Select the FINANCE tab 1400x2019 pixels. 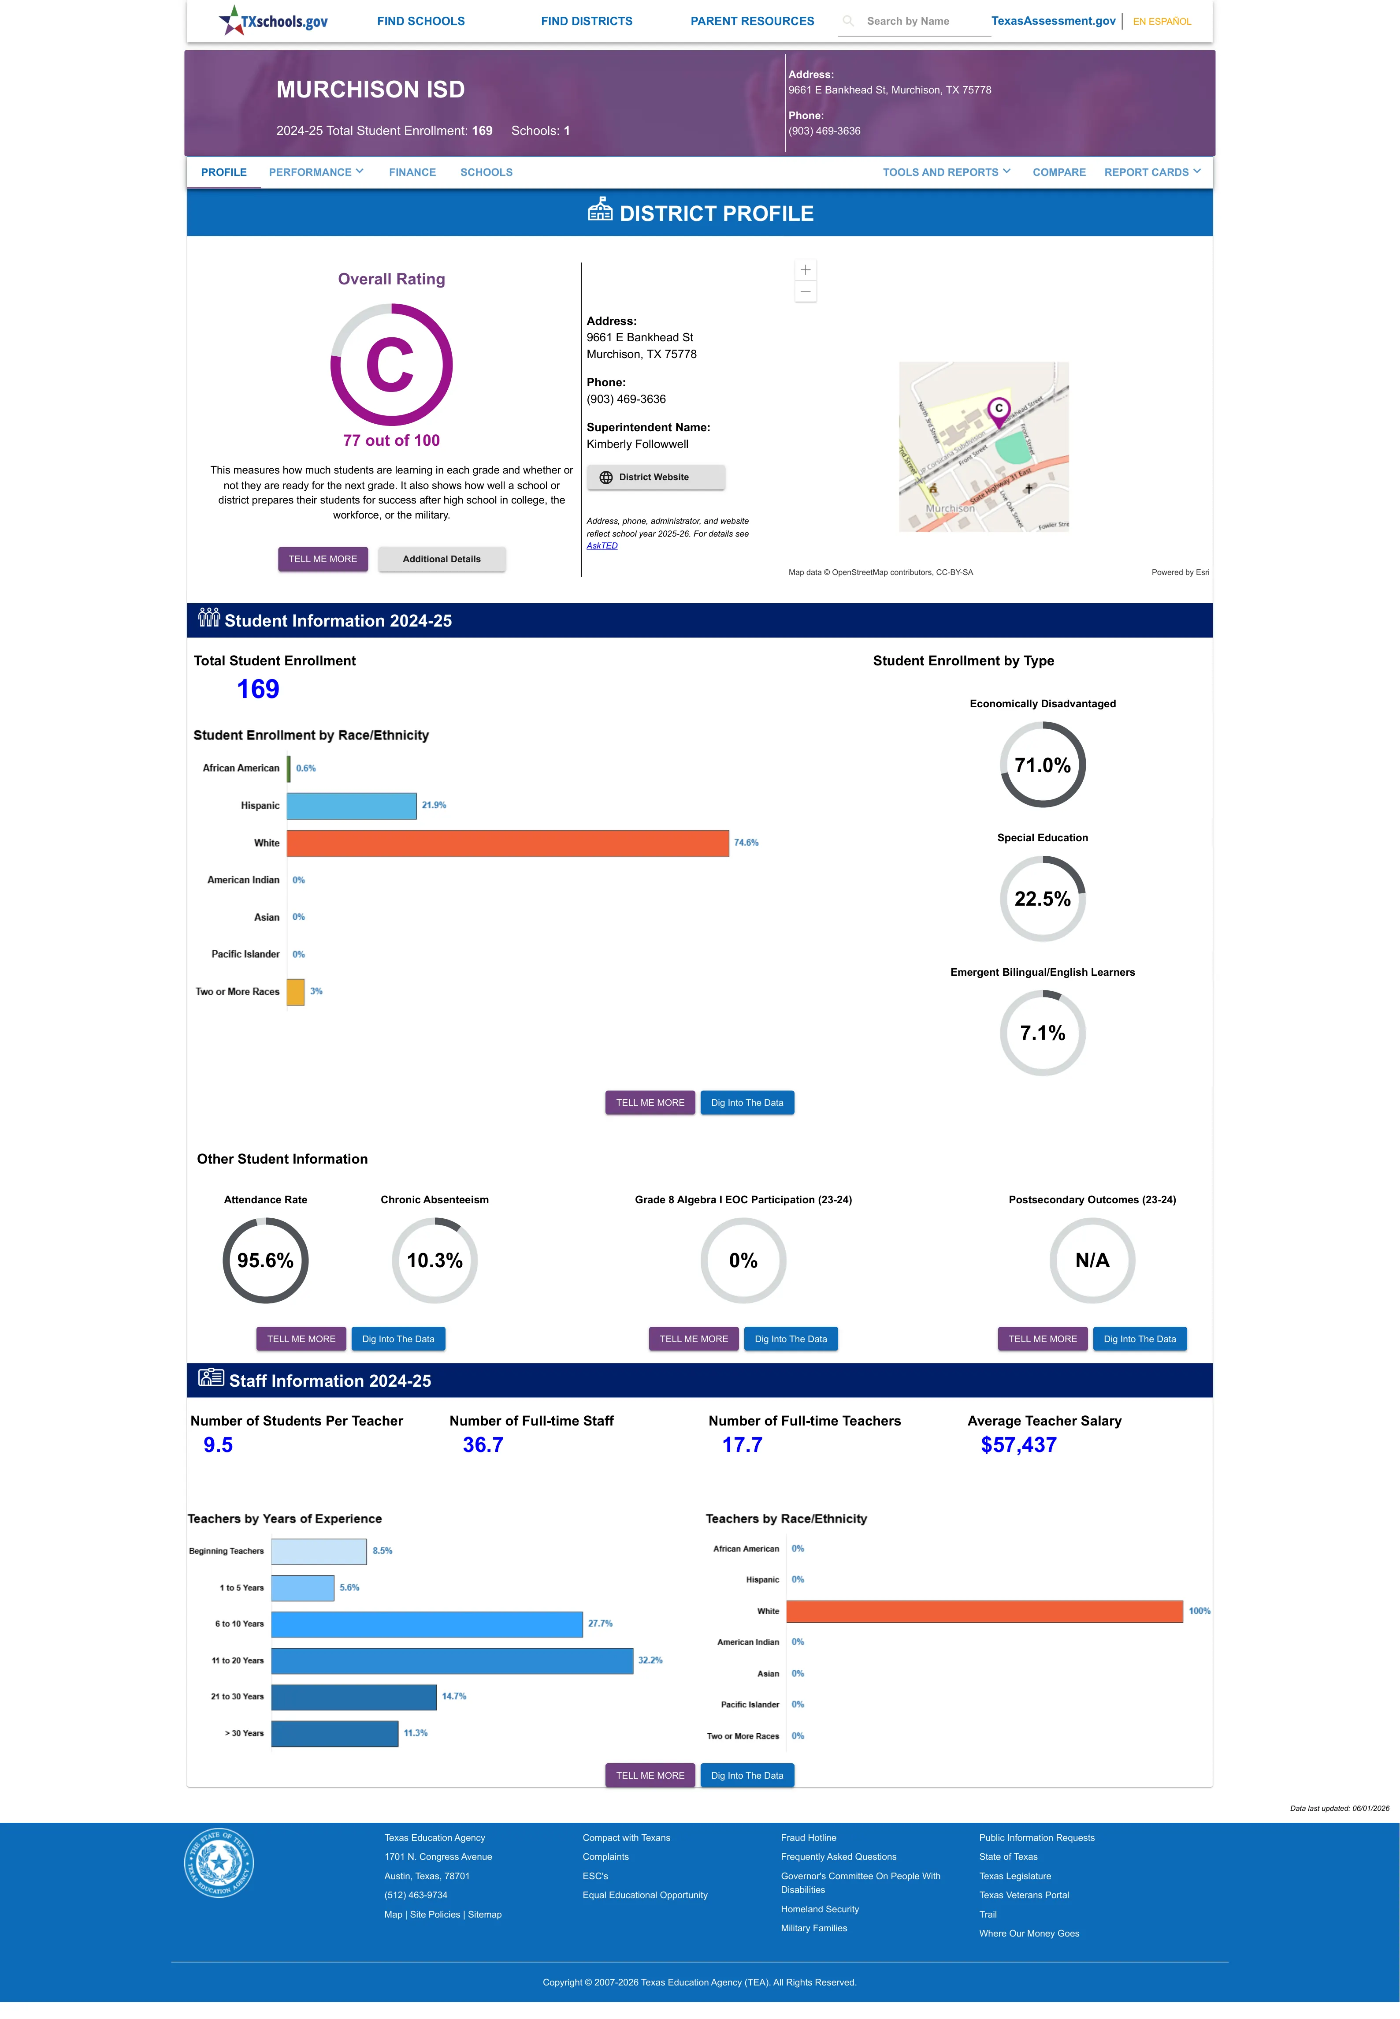[412, 172]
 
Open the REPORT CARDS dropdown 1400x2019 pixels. [1152, 172]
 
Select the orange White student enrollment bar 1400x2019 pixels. [508, 842]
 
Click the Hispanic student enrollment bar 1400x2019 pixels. [352, 806]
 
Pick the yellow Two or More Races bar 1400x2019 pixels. [296, 992]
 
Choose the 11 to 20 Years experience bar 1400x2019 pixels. [452, 1660]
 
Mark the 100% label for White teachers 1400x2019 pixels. [1199, 1611]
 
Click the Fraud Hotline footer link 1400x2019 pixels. [808, 1837]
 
